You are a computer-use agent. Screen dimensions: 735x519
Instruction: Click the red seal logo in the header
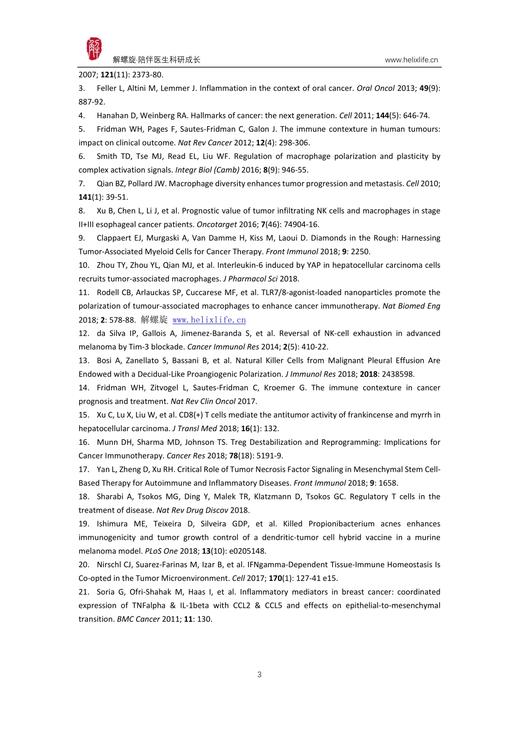(94, 49)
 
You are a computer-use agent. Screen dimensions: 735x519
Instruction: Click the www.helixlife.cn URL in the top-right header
(411, 60)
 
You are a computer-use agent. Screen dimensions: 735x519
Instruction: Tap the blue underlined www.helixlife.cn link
(209, 320)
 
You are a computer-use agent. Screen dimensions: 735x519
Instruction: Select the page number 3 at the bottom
(259, 674)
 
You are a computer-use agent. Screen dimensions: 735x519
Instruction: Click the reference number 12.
(84, 333)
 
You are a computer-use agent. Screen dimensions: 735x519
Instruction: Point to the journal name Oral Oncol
(375, 89)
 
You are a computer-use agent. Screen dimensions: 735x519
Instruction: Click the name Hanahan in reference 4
(113, 116)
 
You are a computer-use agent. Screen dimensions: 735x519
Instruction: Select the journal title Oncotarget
(216, 225)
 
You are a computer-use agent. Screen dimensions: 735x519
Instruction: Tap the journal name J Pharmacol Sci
(250, 279)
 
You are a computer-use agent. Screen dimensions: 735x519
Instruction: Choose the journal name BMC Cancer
(138, 619)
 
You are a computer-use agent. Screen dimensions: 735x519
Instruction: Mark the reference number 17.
(84, 469)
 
